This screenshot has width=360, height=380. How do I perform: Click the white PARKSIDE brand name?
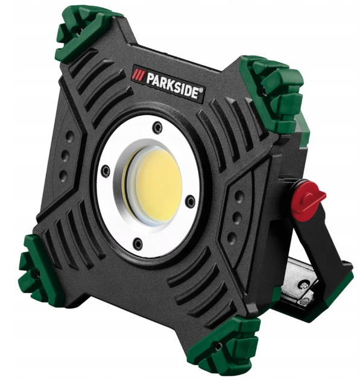173,84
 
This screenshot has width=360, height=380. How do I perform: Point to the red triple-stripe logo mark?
139,74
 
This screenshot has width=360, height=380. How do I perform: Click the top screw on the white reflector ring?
157,127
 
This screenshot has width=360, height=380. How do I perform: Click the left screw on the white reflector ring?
106,171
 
